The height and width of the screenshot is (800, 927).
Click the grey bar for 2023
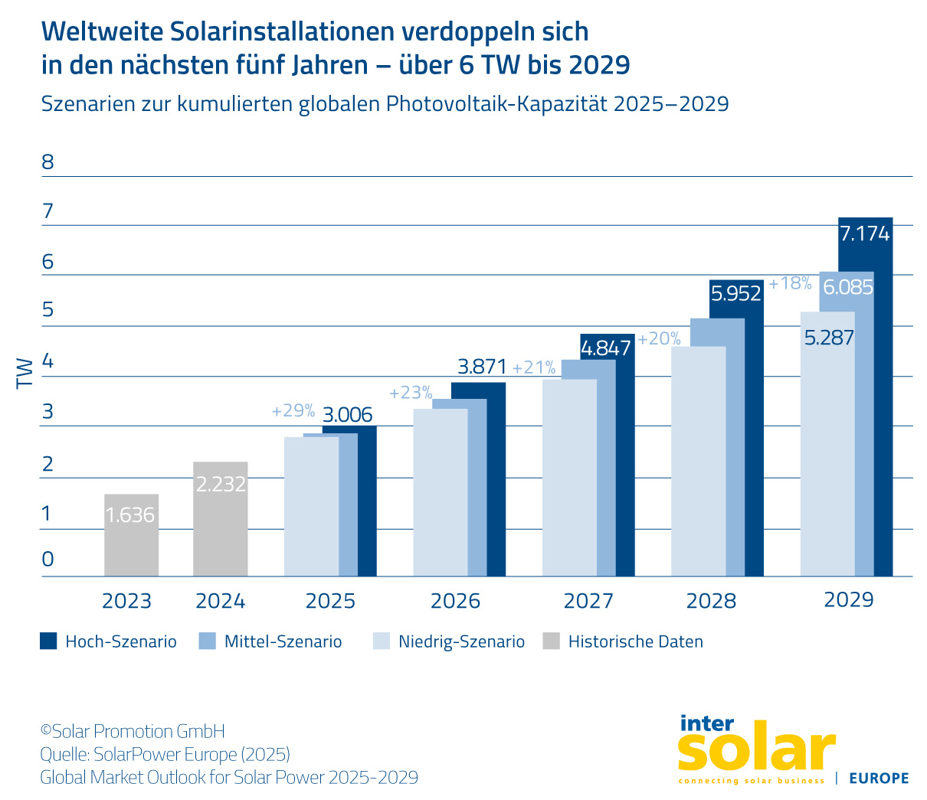131,536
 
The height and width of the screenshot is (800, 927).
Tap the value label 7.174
865,233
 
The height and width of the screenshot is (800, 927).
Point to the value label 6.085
847,287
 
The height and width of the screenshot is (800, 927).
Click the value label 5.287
828,338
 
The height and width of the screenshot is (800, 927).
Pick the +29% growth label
293,411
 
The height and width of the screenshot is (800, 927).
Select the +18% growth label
790,284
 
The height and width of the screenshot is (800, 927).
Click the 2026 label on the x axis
455,601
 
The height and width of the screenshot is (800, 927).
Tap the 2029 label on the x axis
848,599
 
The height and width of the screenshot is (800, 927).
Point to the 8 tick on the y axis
48,162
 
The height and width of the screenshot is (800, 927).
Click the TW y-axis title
25,373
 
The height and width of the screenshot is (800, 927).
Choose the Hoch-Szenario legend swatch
48,642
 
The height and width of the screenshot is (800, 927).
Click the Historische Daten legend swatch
551,642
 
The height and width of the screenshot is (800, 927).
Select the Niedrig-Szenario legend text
461,642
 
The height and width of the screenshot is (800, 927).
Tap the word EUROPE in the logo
879,778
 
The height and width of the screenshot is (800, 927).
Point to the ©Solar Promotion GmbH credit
133,731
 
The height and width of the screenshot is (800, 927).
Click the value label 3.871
482,367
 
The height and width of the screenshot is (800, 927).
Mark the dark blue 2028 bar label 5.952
736,293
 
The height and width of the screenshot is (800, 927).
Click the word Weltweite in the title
102,31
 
